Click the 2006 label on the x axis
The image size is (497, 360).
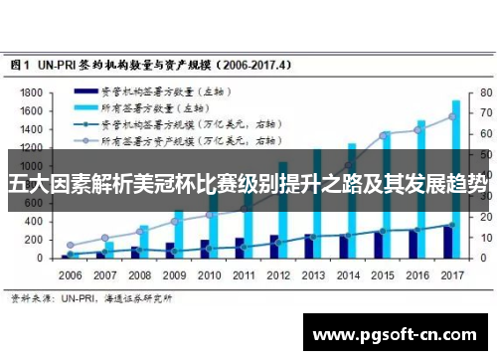coord(70,274)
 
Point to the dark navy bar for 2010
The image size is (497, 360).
coord(205,249)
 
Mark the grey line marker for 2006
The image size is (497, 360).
coord(70,245)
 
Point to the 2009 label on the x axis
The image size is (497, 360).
coord(173,274)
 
